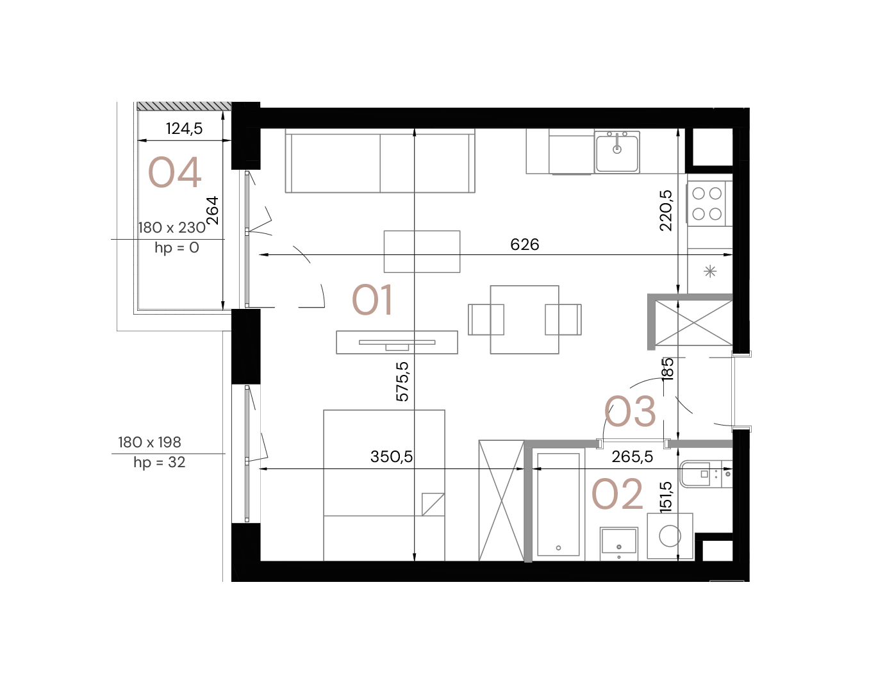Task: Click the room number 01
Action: (372, 301)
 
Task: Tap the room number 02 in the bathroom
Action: (616, 495)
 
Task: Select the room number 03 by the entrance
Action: (631, 412)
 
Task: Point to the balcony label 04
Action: (174, 173)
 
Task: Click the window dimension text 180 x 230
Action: (172, 228)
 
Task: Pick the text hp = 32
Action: (160, 463)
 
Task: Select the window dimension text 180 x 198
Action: (149, 442)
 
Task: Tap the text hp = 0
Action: (177, 248)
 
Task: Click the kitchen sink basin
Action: (616, 153)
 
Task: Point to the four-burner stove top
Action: (707, 203)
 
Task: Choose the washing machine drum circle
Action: (670, 536)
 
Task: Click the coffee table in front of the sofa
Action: (422, 251)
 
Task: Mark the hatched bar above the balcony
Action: (184, 106)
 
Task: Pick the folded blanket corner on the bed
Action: (433, 504)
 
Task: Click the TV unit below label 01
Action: (397, 342)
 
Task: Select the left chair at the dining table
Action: (485, 319)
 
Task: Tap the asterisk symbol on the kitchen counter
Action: (710, 272)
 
